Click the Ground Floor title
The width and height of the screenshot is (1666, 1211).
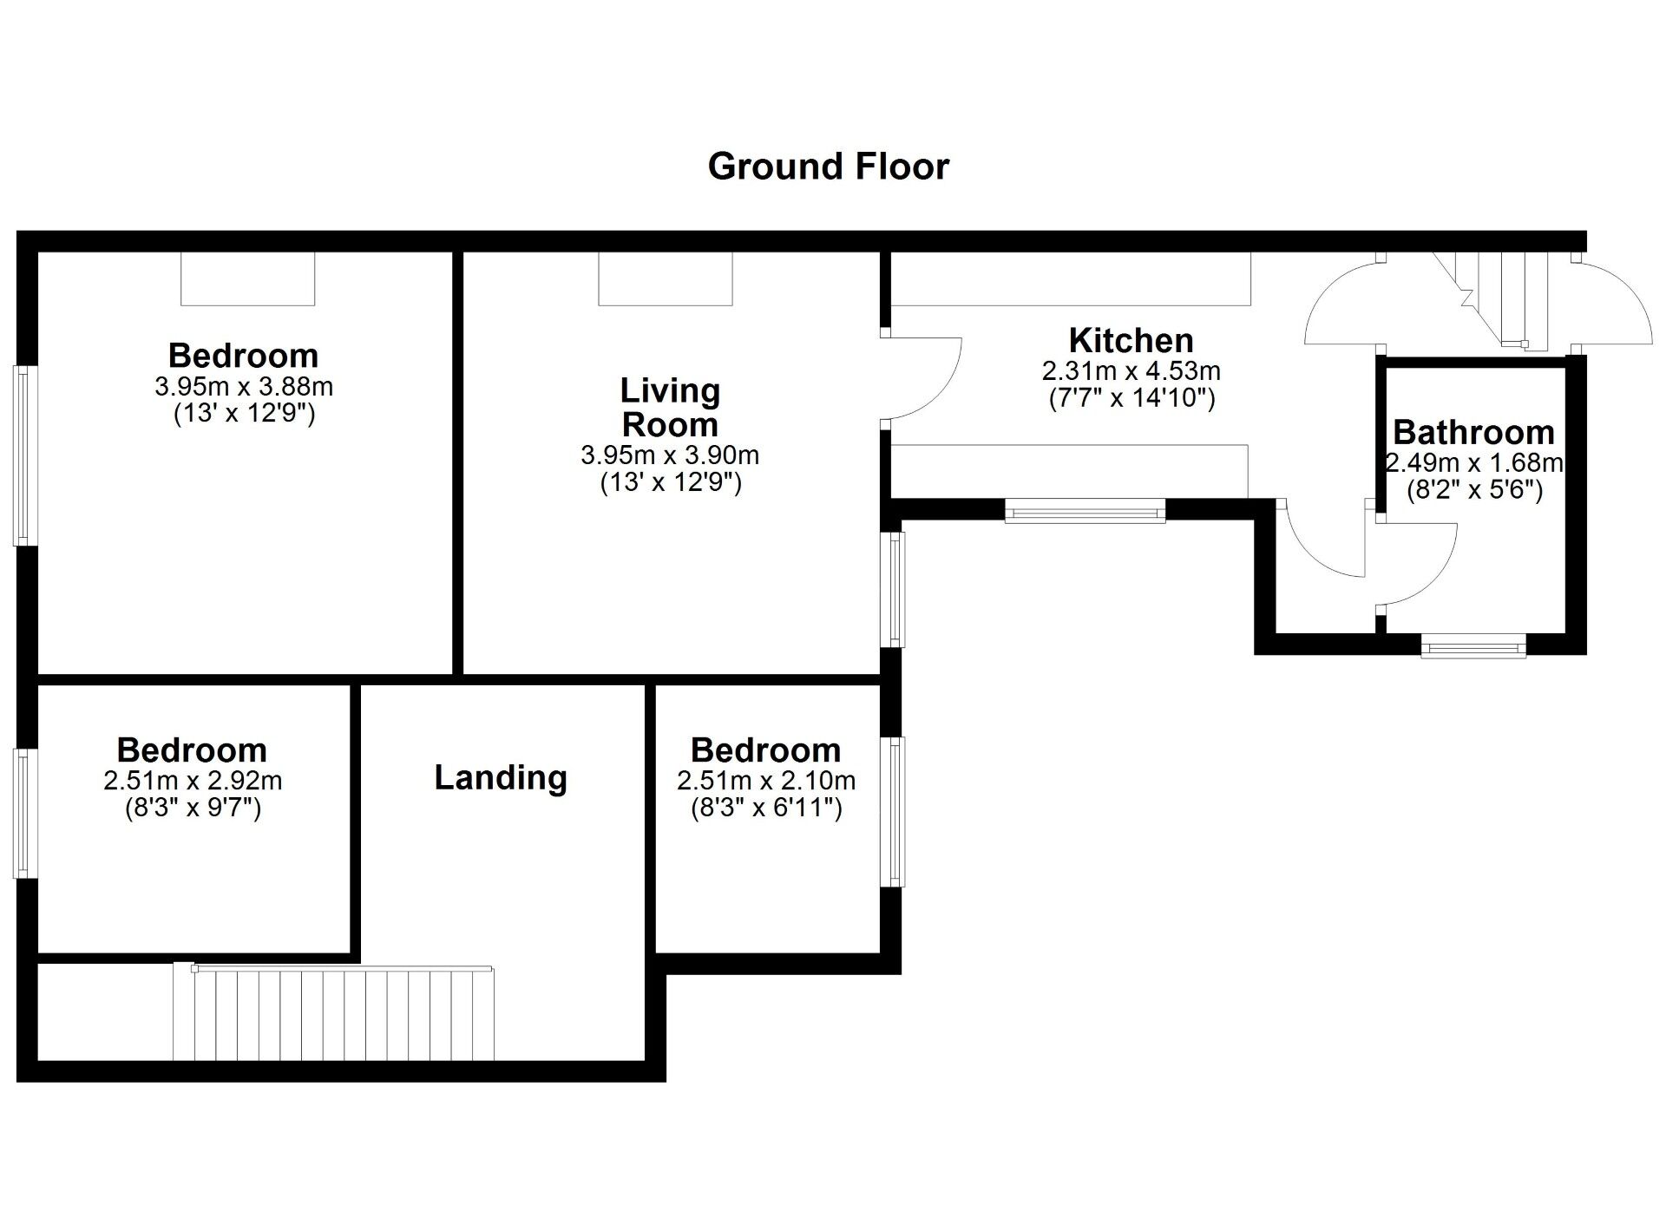pyautogui.click(x=829, y=167)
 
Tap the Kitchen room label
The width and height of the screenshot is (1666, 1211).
pyautogui.click(x=1131, y=340)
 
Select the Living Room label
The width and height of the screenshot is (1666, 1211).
pyautogui.click(x=670, y=408)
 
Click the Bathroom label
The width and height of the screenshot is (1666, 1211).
pyautogui.click(x=1473, y=432)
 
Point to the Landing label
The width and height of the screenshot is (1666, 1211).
pyautogui.click(x=501, y=777)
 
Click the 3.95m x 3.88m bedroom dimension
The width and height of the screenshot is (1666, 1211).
pyautogui.click(x=244, y=386)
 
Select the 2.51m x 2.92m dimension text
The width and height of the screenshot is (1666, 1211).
pyautogui.click(x=193, y=781)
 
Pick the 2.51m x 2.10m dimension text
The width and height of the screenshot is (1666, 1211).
pyautogui.click(x=766, y=781)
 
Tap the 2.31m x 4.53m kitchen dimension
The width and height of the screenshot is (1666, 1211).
pyautogui.click(x=1131, y=371)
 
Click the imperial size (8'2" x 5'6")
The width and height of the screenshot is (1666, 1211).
pyautogui.click(x=1474, y=491)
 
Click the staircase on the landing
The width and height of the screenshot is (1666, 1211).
pyautogui.click(x=334, y=1013)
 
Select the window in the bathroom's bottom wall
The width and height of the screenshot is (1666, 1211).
pyautogui.click(x=1473, y=645)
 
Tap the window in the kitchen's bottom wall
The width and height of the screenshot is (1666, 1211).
pyautogui.click(x=1085, y=512)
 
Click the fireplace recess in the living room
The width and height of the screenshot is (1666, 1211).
pyautogui.click(x=666, y=278)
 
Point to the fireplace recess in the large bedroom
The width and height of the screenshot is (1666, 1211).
pyautogui.click(x=247, y=278)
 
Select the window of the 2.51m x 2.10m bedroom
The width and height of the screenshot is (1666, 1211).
pyautogui.click(x=892, y=811)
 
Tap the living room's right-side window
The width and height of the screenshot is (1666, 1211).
pyautogui.click(x=893, y=589)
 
